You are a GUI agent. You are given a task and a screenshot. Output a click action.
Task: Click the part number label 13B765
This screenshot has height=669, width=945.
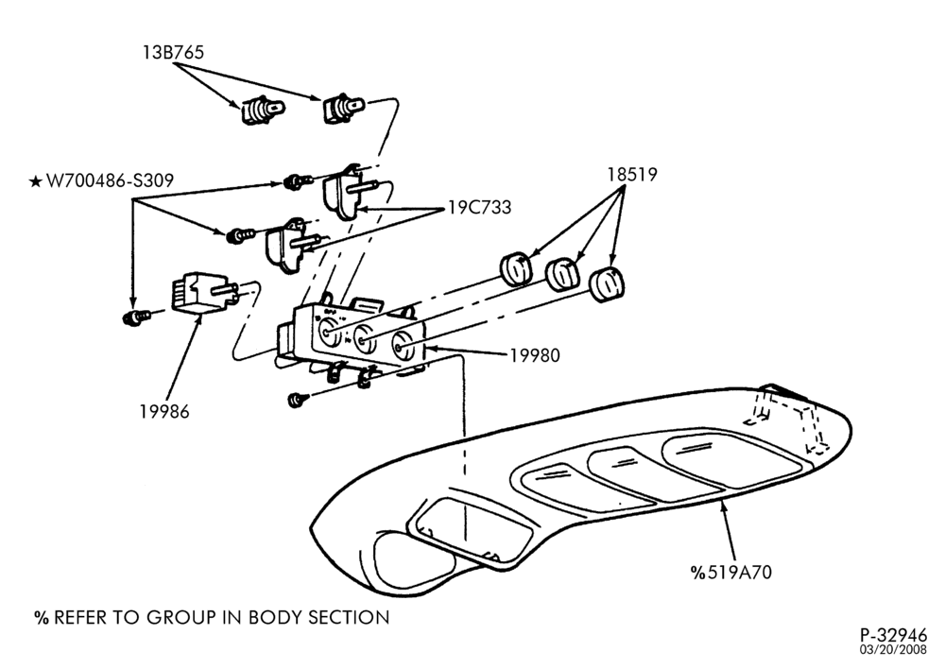[x=173, y=52]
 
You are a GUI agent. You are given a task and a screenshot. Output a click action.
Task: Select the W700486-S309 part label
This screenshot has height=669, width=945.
[x=110, y=180]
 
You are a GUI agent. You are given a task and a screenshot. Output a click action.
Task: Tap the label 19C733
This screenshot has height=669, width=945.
[x=480, y=207]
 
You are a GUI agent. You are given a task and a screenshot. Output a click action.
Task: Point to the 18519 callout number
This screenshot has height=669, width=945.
[x=631, y=175]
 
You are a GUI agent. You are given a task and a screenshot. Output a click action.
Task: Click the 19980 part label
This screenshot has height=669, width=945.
[x=535, y=355]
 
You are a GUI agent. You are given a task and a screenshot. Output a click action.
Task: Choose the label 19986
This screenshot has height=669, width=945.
[x=164, y=412]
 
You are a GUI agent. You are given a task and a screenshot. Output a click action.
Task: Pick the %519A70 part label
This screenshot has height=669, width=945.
[x=731, y=572]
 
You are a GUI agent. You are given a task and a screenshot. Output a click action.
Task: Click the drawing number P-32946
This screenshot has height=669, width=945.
[x=893, y=636]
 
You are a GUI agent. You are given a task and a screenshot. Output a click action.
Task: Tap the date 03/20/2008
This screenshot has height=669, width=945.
[x=893, y=650]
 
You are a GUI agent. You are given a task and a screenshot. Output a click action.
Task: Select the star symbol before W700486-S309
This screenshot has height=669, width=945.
[x=36, y=180]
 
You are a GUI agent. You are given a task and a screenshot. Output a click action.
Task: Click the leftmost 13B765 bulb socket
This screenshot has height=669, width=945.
[x=264, y=110]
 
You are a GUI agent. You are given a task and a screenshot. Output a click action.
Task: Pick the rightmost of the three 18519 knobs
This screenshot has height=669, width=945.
[x=607, y=283]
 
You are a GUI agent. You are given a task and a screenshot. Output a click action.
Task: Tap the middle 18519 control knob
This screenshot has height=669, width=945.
[x=562, y=273]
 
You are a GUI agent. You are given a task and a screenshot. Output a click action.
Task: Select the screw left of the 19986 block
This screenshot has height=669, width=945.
[x=135, y=317]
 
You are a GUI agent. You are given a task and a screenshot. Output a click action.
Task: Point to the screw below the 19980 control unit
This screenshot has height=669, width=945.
[x=299, y=400]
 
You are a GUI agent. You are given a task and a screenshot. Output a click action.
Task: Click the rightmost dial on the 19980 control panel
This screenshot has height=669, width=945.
[x=402, y=346]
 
